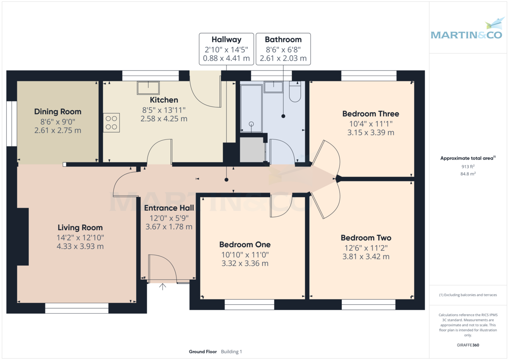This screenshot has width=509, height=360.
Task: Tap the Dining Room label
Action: pos(58,112)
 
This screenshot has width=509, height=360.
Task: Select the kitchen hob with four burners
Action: pos(112,123)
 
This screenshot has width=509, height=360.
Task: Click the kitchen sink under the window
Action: pos(148,88)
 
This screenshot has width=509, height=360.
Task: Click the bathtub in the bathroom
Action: pos(251,109)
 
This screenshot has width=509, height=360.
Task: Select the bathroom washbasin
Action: pos(274,87)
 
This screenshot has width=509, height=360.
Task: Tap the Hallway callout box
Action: pos(227,49)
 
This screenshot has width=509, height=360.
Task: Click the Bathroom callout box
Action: pos(283,49)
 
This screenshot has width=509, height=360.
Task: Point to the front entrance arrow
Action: pos(163,287)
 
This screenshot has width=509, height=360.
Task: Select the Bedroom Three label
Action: pos(370,114)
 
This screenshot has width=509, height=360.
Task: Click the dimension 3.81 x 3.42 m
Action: pos(365,257)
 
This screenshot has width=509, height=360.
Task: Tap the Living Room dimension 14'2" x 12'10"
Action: pos(81,237)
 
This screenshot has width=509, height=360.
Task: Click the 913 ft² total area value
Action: pos(468,167)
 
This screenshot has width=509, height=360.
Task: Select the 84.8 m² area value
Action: pos(468,173)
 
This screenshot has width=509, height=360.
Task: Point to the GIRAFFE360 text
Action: pos(468,345)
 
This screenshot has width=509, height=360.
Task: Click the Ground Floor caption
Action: pos(203,352)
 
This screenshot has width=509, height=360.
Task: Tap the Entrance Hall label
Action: pos(169,208)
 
